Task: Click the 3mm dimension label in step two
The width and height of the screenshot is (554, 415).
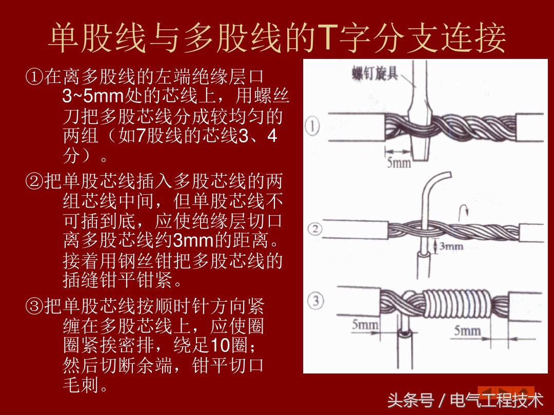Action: (451, 246)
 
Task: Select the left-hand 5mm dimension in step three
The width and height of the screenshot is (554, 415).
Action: (365, 324)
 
